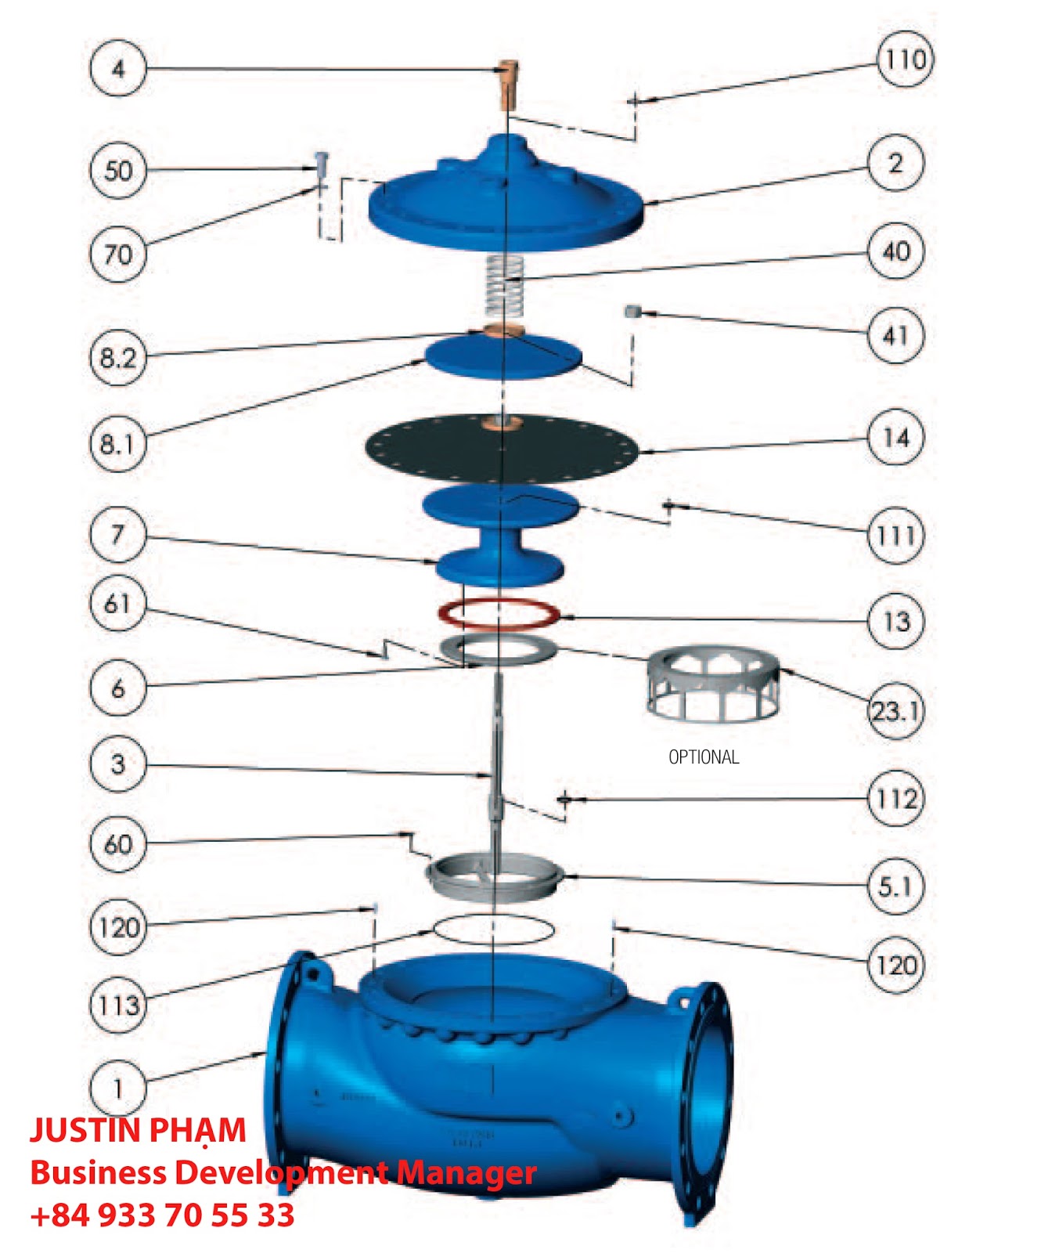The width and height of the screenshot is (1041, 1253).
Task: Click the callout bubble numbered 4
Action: click(x=117, y=68)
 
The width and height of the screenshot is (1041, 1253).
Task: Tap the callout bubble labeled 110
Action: click(x=905, y=60)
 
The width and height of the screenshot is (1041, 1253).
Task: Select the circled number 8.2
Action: click(x=117, y=358)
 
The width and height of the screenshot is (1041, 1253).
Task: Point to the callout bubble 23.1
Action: click(x=897, y=710)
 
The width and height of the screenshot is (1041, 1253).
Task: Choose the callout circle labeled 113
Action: click(x=118, y=1004)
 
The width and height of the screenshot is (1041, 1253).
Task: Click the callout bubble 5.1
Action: click(x=896, y=886)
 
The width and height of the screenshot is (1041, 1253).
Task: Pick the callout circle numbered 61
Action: click(x=117, y=604)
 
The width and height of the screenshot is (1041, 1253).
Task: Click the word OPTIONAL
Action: click(x=704, y=757)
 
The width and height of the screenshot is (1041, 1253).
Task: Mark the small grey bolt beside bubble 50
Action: click(x=320, y=167)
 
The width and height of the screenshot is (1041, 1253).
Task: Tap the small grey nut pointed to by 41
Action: click(x=631, y=312)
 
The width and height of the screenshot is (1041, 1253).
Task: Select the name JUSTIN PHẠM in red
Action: click(x=138, y=1131)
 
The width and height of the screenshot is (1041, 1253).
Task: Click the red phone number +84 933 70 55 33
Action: click(x=162, y=1215)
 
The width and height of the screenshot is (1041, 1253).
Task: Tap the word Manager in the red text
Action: click(x=466, y=1174)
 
